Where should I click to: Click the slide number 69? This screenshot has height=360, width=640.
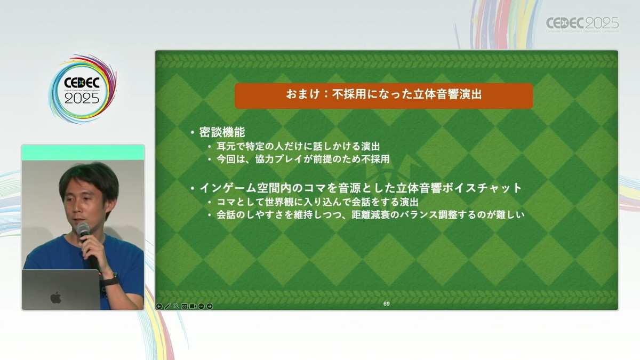(x=386, y=303)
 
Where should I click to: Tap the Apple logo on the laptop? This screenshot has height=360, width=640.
(x=56, y=298)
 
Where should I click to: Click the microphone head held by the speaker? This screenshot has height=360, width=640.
(x=83, y=229)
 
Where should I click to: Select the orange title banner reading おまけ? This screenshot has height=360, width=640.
(x=383, y=95)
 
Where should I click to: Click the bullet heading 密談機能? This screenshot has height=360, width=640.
(x=222, y=132)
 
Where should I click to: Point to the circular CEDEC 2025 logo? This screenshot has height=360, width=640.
(x=83, y=89)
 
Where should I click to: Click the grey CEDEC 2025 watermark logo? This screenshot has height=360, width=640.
(x=582, y=25)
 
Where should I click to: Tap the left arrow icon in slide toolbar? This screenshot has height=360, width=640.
(x=159, y=306)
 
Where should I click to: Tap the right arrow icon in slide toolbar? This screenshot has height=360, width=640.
(x=210, y=306)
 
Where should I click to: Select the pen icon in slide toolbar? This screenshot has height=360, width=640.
(x=167, y=306)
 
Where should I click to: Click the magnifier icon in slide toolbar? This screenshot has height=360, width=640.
(x=176, y=306)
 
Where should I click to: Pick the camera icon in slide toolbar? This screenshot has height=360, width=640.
(x=193, y=306)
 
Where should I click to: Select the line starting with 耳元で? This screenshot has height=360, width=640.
(x=298, y=147)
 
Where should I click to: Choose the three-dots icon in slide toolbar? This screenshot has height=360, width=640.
(x=201, y=306)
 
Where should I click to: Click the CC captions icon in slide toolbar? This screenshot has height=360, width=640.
(x=185, y=306)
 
